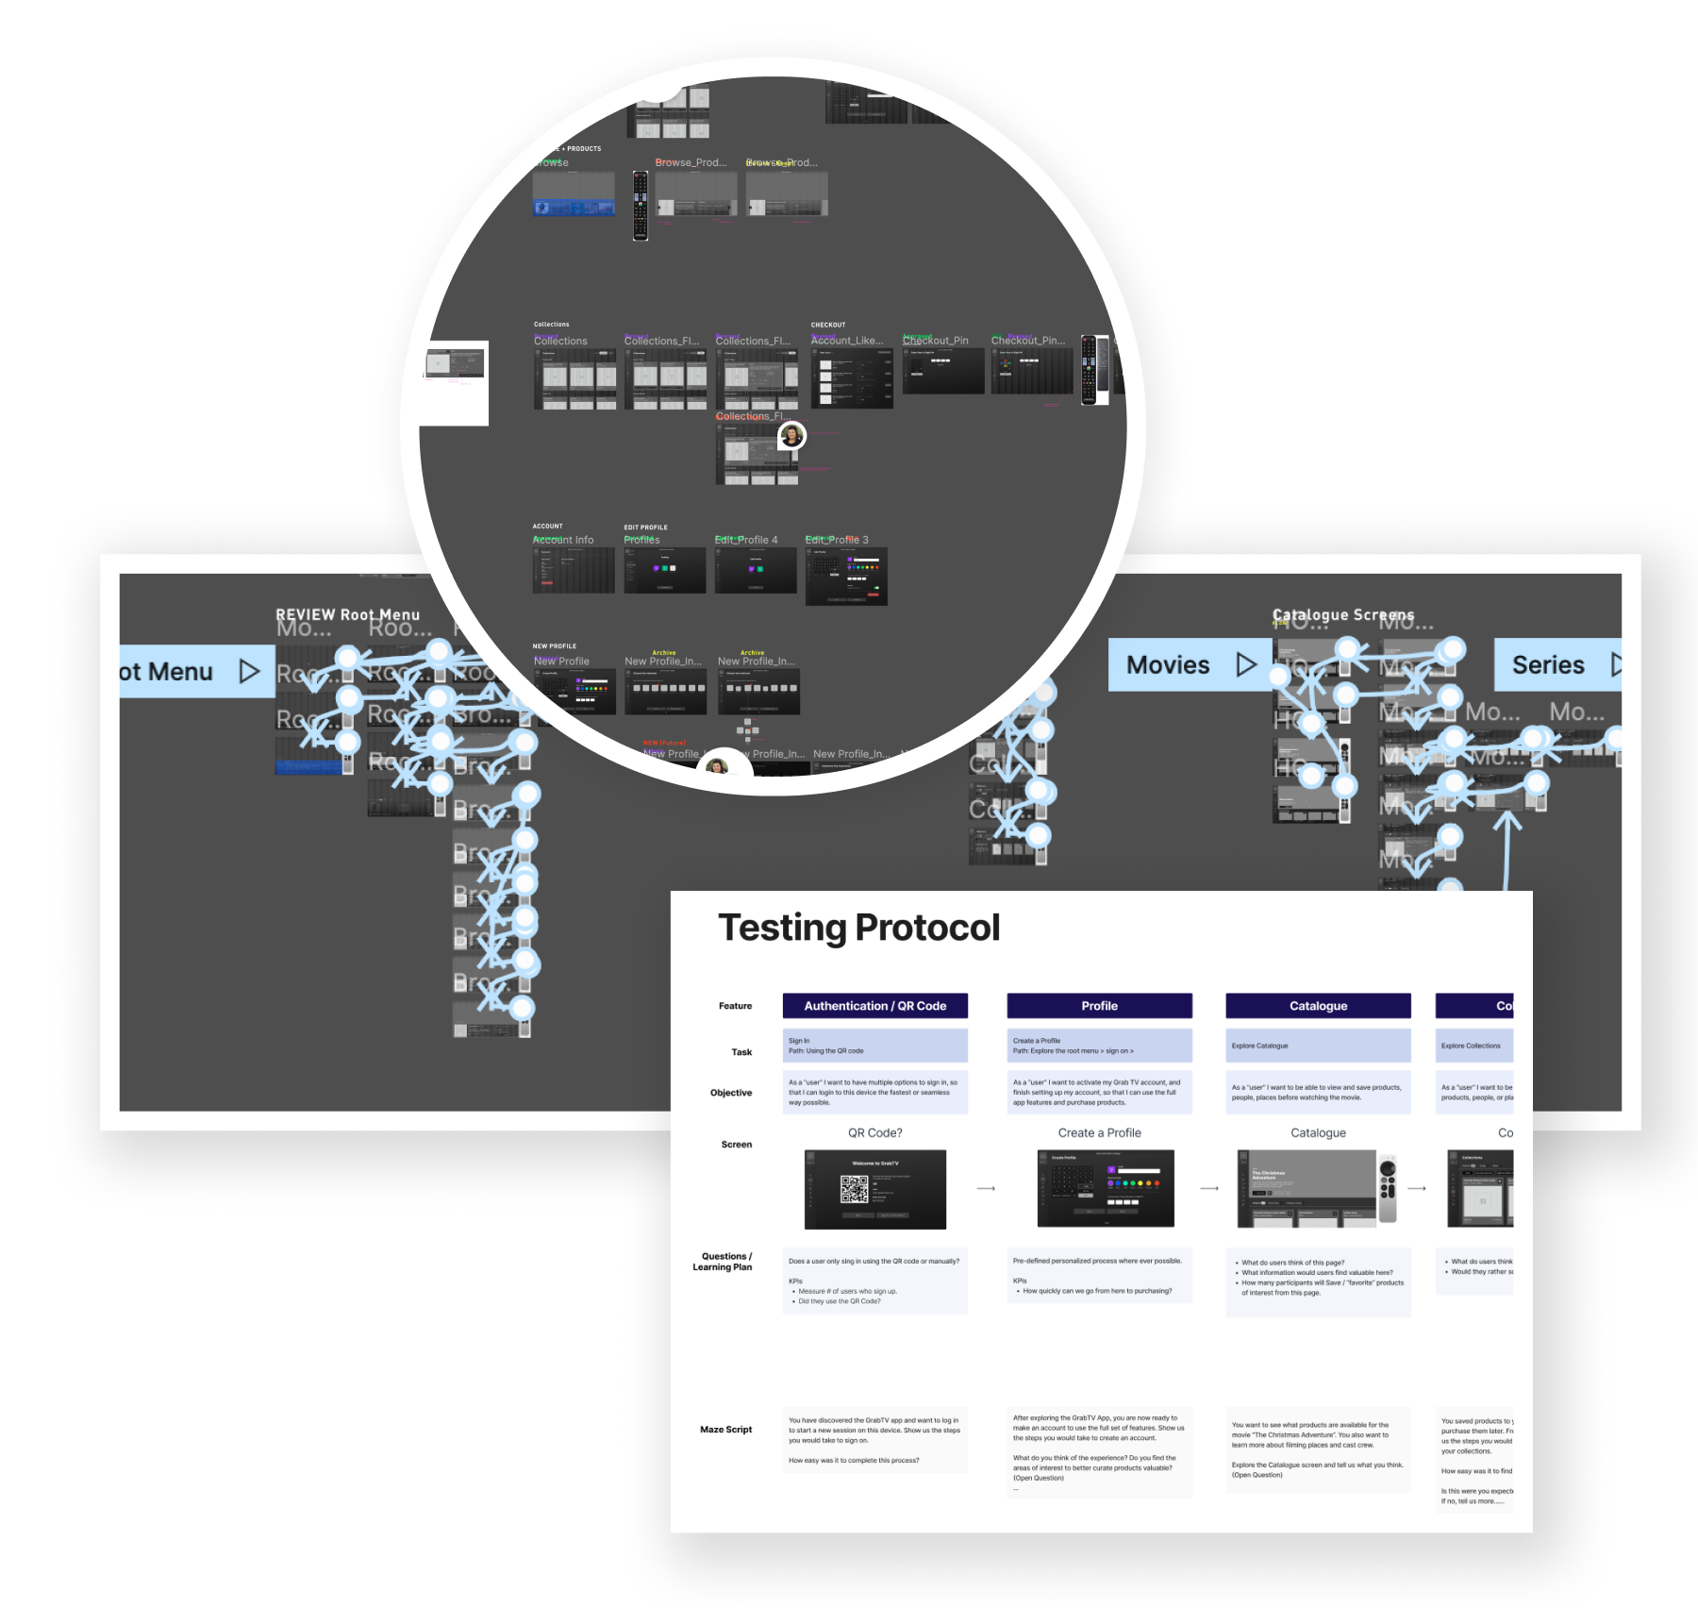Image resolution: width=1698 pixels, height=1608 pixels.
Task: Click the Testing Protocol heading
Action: (x=858, y=928)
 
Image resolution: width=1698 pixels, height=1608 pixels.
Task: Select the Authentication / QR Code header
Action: (x=874, y=1006)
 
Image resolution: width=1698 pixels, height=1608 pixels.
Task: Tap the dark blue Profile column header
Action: (x=1099, y=1006)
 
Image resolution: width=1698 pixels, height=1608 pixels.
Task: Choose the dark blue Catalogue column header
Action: (x=1318, y=1006)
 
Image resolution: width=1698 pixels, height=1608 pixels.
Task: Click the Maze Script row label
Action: (x=725, y=1430)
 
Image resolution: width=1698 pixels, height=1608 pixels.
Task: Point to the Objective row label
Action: (x=731, y=1093)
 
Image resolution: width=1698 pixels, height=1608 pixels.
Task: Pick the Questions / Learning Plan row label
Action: (x=724, y=1262)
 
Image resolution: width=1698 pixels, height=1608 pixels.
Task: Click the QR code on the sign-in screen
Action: (x=854, y=1189)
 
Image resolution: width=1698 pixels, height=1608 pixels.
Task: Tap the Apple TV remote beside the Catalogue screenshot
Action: (x=1388, y=1187)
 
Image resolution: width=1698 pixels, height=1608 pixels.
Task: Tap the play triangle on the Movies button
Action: (x=1246, y=665)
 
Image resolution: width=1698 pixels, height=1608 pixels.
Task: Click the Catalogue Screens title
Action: (x=1343, y=615)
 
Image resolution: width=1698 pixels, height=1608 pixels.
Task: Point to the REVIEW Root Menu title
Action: (x=347, y=615)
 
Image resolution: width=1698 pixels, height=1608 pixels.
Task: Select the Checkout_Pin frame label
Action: (x=937, y=341)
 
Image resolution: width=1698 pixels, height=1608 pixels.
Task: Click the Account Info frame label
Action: (x=564, y=540)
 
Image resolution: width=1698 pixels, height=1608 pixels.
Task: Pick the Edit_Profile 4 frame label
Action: (x=746, y=540)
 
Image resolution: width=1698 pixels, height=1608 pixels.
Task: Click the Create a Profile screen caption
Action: (x=1099, y=1133)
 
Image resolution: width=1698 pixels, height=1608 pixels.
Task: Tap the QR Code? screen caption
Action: (x=874, y=1133)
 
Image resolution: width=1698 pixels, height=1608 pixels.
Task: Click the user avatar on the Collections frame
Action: (x=791, y=435)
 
